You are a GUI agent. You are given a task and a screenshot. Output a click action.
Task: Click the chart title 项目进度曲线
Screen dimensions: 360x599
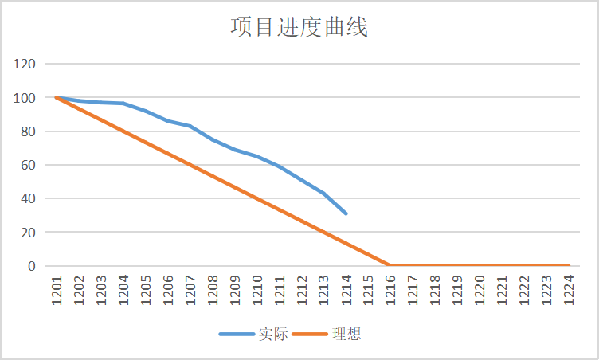coord(299,27)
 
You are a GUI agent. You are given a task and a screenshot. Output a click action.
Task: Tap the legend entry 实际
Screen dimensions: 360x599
coord(268,334)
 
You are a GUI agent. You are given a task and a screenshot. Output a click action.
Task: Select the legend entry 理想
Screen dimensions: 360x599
coord(349,334)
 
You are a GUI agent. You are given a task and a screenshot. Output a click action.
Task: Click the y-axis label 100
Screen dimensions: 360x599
coord(25,98)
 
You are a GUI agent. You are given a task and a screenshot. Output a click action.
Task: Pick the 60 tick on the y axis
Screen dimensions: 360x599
coord(29,165)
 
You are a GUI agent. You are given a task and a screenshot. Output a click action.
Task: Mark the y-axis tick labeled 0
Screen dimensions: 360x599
coord(32,266)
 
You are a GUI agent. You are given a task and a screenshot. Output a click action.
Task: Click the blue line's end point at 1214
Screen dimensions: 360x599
coord(346,213)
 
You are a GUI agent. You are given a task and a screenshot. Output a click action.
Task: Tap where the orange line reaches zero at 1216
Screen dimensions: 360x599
coord(390,265)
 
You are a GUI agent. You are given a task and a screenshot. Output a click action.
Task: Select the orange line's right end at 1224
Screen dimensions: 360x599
coord(568,265)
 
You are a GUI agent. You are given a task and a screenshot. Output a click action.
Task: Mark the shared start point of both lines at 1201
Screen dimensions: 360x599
coord(57,97)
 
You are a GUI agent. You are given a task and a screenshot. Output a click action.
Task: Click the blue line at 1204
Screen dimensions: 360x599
coord(123,104)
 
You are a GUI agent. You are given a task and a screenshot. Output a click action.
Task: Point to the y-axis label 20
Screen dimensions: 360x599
coord(29,233)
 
